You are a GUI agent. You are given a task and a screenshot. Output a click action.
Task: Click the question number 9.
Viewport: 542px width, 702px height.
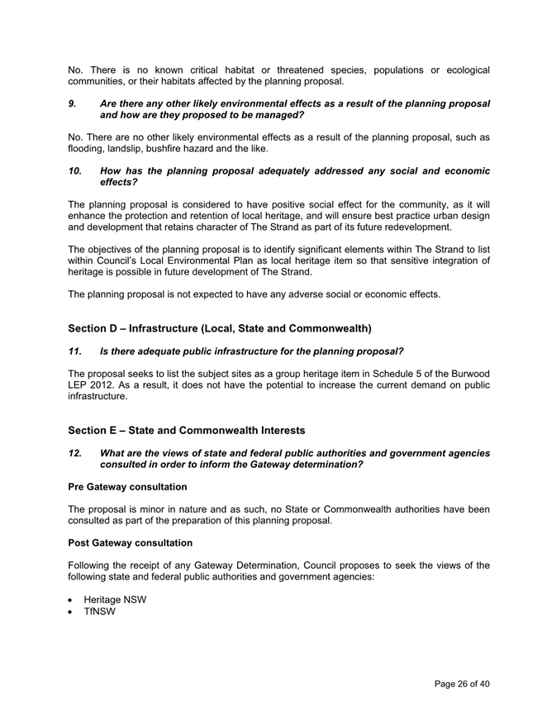(x=72, y=104)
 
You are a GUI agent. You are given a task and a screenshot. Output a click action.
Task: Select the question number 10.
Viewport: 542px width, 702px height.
(x=75, y=171)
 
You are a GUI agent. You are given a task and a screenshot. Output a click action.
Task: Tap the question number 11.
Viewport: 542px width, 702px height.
(x=75, y=352)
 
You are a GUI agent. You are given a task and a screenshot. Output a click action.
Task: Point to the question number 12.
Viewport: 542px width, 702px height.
(x=75, y=453)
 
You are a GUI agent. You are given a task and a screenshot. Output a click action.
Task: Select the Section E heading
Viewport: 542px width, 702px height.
(x=187, y=430)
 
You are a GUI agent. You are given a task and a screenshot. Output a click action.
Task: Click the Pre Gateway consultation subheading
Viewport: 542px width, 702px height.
(x=127, y=487)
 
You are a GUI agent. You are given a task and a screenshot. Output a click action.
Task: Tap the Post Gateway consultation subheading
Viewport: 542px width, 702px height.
(x=131, y=542)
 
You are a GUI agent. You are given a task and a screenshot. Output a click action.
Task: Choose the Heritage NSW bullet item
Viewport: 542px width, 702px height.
(x=115, y=599)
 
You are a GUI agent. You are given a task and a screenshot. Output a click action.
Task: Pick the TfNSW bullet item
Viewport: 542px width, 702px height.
(x=100, y=612)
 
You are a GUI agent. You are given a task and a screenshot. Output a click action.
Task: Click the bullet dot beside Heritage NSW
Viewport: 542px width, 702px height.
(x=72, y=600)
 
